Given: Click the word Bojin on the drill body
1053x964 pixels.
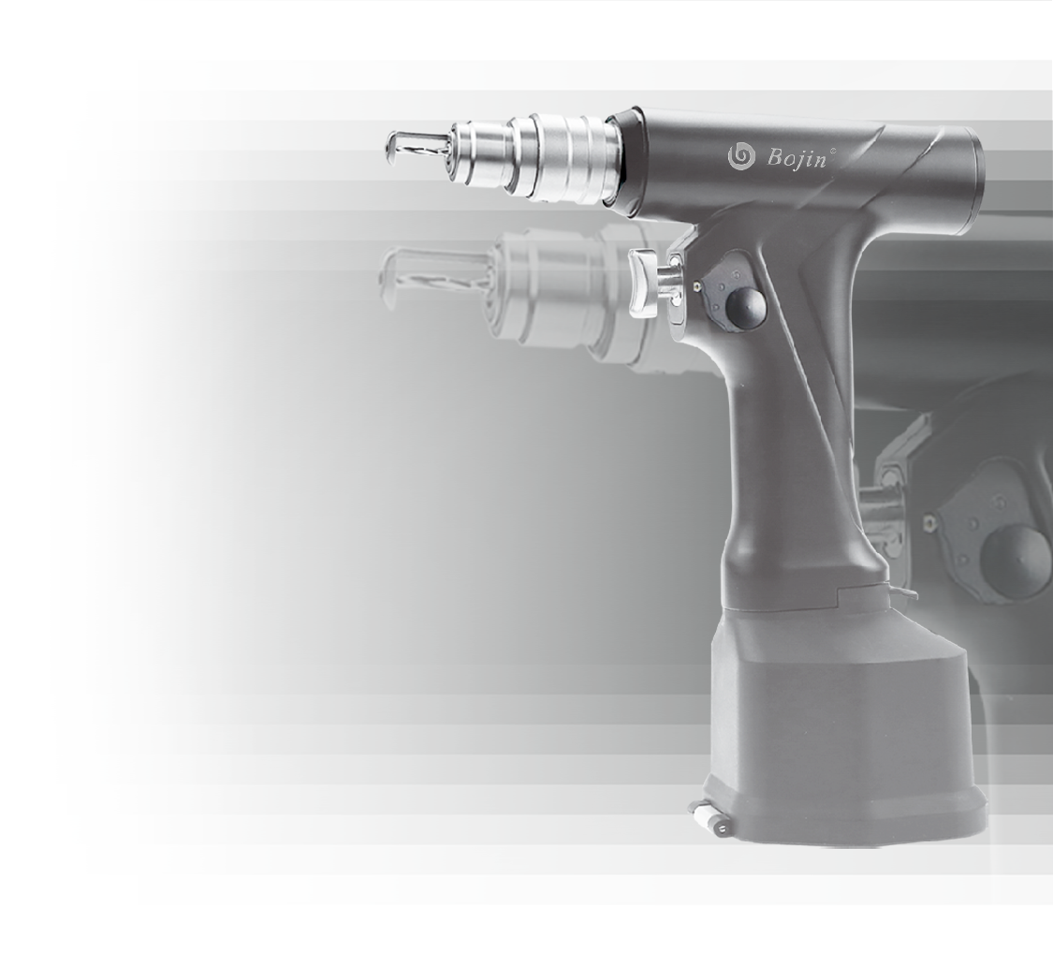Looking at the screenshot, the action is click(797, 159).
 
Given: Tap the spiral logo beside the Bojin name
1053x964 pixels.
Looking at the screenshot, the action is click(741, 155).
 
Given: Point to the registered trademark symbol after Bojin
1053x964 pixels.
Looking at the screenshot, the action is click(833, 149).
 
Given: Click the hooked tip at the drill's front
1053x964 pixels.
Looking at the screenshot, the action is click(393, 148).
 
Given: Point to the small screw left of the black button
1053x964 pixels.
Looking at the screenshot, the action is click(700, 285).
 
